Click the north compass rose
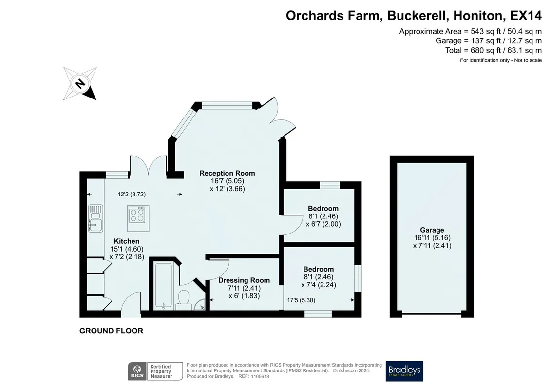click(x=80, y=84)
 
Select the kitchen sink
click(x=95, y=218)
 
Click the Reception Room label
click(x=228, y=173)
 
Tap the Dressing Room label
click(x=244, y=280)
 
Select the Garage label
click(x=432, y=230)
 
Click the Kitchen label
click(x=127, y=241)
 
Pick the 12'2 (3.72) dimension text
click(x=132, y=194)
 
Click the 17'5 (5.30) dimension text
click(x=301, y=300)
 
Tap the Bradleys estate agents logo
click(x=404, y=371)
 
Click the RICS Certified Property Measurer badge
click(x=155, y=371)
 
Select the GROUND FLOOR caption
click(x=111, y=331)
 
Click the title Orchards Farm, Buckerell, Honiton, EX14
click(x=414, y=16)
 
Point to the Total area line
click(x=494, y=50)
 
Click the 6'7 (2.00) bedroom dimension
click(x=323, y=224)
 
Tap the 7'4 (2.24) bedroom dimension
click(x=319, y=285)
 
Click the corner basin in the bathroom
click(x=200, y=305)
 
